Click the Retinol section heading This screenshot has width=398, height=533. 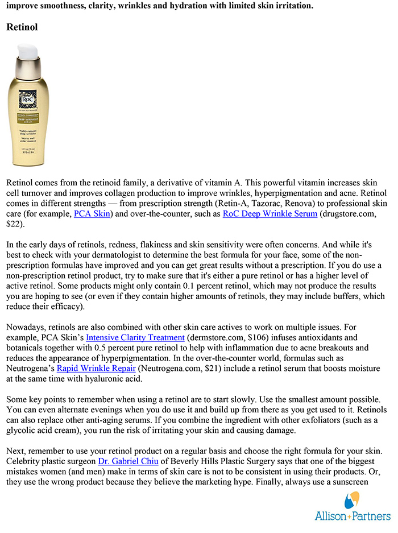click(x=22, y=27)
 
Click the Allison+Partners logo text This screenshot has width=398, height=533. click(x=353, y=516)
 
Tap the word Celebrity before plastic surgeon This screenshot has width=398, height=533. click(x=24, y=461)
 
